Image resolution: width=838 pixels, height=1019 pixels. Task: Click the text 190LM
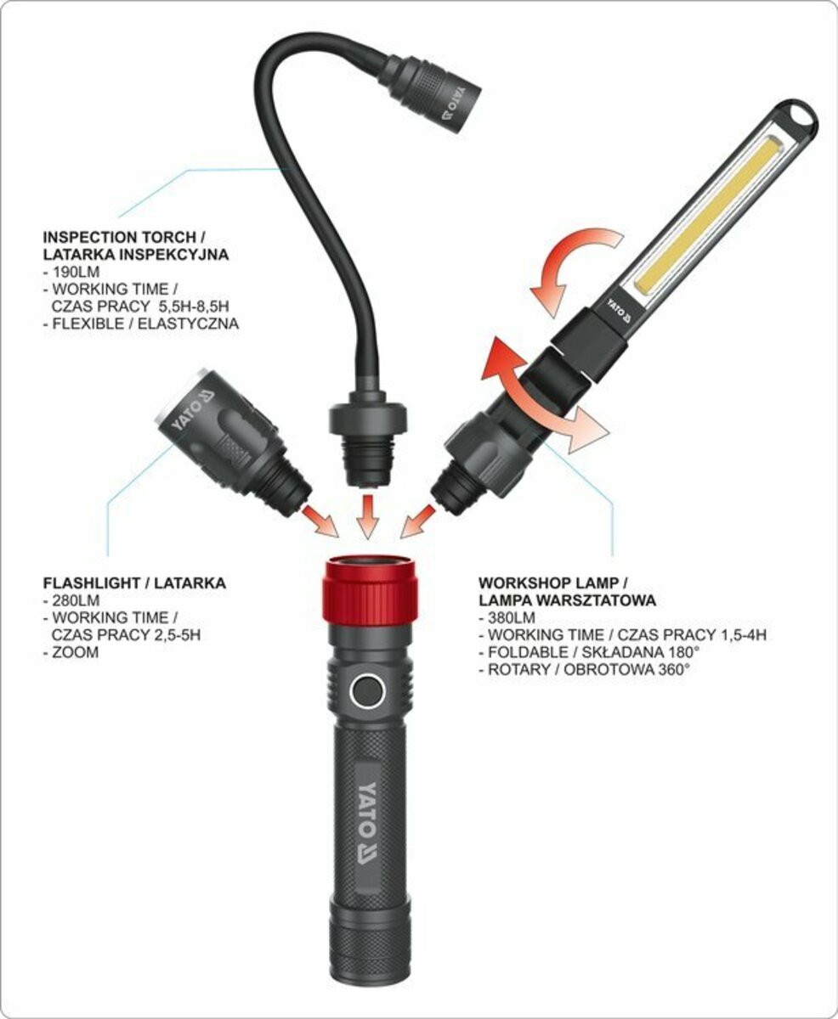[x=71, y=272]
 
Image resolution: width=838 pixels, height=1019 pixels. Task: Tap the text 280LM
[x=71, y=600]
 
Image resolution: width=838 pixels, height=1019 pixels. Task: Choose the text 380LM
[x=507, y=617]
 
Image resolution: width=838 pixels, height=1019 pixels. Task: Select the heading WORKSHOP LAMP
[x=553, y=583]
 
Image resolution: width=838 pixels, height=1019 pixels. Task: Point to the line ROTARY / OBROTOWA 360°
[x=584, y=670]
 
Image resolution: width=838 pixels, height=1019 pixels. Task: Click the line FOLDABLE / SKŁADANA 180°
[x=589, y=652]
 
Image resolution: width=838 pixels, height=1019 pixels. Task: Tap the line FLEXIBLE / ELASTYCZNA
[x=141, y=324]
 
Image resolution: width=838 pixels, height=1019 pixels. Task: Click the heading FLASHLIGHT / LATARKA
[x=134, y=583]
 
